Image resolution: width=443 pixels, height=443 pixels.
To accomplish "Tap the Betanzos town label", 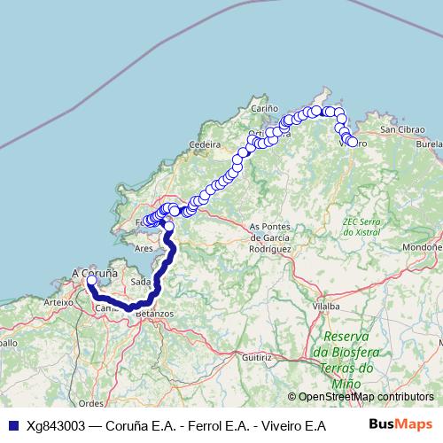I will [x=155, y=314].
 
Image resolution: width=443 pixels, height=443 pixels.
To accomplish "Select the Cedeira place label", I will [x=204, y=144].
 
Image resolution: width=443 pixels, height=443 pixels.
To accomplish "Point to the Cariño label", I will [x=264, y=108].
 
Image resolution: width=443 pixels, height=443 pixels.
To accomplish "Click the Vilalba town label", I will [x=326, y=306].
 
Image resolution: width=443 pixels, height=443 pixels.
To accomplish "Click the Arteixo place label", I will [x=57, y=302].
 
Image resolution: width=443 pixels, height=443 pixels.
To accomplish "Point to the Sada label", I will [x=140, y=281].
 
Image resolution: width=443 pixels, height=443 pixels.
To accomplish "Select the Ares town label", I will [x=144, y=249].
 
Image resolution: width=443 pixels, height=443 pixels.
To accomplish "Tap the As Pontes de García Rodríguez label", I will [x=270, y=238].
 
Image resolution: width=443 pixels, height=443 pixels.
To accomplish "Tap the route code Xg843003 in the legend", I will [x=56, y=425].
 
